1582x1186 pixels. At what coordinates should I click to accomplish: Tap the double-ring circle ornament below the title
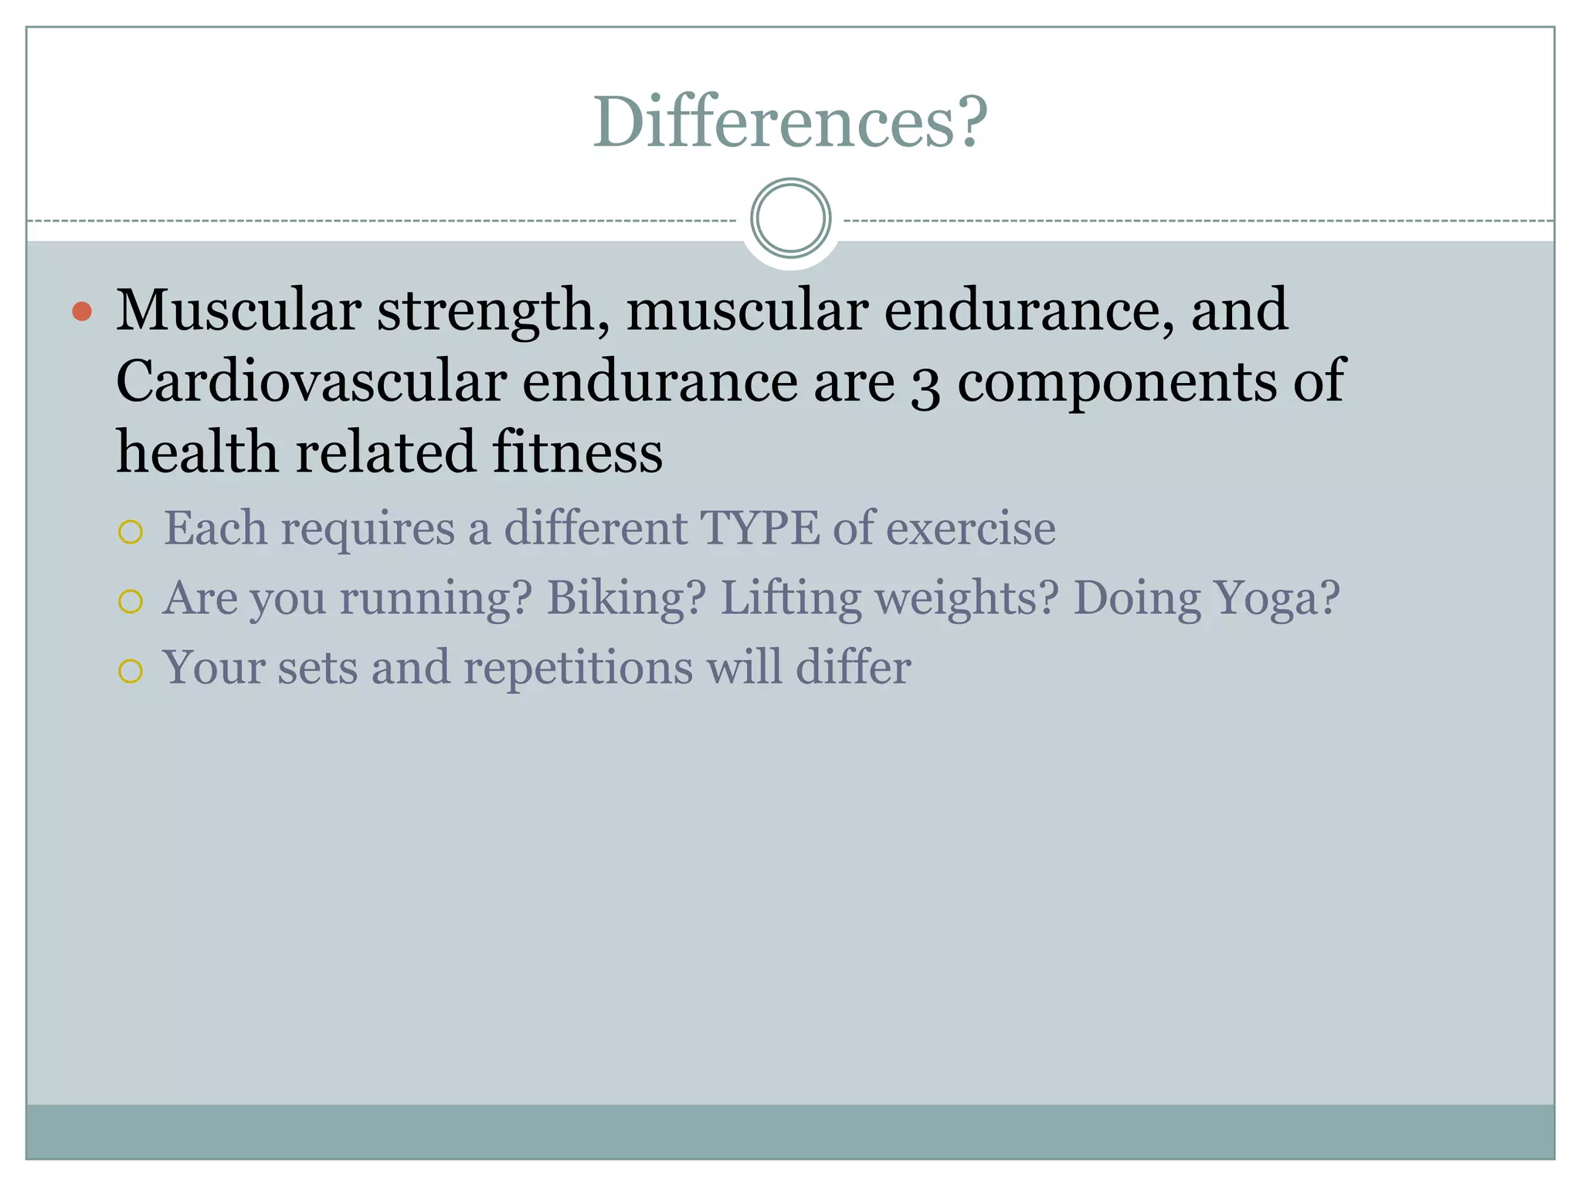point(790,219)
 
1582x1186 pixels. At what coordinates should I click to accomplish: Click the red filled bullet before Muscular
point(82,312)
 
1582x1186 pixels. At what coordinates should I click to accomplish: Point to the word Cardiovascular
point(311,381)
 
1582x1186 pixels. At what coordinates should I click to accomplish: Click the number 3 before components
point(925,384)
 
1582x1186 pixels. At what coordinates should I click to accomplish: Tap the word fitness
point(577,452)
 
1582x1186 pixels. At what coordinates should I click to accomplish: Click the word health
point(197,452)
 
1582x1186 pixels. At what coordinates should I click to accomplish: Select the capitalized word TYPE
point(759,529)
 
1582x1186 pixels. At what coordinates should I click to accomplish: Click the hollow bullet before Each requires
point(131,532)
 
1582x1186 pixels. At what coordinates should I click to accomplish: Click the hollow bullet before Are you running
point(131,601)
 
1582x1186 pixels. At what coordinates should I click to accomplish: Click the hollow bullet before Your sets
point(131,671)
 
